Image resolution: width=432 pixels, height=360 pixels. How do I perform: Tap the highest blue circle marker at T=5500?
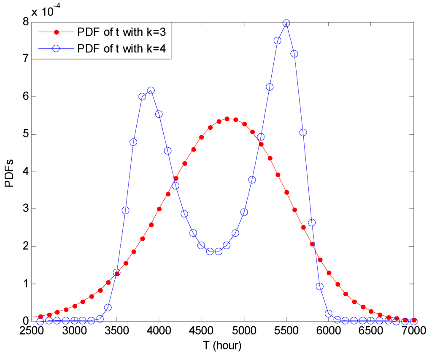[x=286, y=23]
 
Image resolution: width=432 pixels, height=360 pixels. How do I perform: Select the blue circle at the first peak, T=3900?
[x=151, y=90]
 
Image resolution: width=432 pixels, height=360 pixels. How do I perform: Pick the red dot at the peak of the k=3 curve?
[x=227, y=119]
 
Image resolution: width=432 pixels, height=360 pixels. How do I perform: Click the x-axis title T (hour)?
[x=222, y=346]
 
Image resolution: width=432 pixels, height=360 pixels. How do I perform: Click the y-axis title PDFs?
[x=9, y=172]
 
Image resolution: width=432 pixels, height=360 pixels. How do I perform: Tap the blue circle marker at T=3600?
[x=125, y=210]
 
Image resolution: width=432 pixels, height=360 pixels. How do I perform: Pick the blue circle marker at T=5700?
[x=303, y=133]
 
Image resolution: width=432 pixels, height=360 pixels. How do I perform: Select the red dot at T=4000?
[x=159, y=209]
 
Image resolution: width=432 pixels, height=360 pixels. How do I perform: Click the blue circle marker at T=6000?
[x=329, y=313]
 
